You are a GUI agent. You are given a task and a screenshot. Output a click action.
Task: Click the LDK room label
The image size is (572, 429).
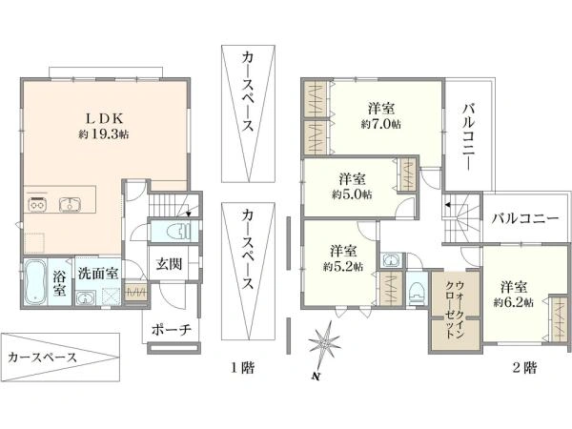[x=104, y=118]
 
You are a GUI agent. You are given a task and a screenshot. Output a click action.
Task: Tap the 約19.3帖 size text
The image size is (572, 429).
[x=104, y=134]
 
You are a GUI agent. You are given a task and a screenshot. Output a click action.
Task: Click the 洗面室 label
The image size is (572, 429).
[x=98, y=274]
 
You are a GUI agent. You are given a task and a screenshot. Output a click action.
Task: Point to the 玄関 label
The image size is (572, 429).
[x=170, y=264]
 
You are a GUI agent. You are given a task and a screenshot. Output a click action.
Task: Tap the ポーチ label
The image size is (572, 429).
[x=171, y=330]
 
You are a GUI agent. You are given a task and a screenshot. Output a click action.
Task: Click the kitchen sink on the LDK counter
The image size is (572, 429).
[x=71, y=204]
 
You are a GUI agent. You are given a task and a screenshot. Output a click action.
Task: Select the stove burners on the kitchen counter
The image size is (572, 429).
[x=37, y=205]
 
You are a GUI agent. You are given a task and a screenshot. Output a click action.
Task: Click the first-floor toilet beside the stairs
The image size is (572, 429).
[x=177, y=231]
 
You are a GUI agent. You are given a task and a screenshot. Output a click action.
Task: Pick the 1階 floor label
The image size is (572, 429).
[x=242, y=367]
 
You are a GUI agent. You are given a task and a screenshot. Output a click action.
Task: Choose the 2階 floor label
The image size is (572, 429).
[x=524, y=367]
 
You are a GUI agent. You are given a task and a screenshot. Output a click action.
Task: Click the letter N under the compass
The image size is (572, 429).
[x=316, y=377]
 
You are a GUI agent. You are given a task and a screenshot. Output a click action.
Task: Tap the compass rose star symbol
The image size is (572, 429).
[x=324, y=342]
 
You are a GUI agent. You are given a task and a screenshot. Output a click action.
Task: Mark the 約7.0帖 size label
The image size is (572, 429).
[x=381, y=125]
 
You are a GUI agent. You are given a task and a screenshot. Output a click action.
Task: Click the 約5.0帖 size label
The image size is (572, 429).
[x=352, y=194]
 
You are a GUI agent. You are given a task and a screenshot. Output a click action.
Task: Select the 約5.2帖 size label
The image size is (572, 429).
[x=342, y=267]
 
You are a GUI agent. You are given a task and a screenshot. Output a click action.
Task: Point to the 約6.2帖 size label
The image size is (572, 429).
[x=513, y=303]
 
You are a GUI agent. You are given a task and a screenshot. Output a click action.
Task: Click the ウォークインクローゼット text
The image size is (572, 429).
[x=456, y=309]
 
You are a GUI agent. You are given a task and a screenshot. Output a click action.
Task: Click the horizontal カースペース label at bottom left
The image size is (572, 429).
[x=42, y=357]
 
